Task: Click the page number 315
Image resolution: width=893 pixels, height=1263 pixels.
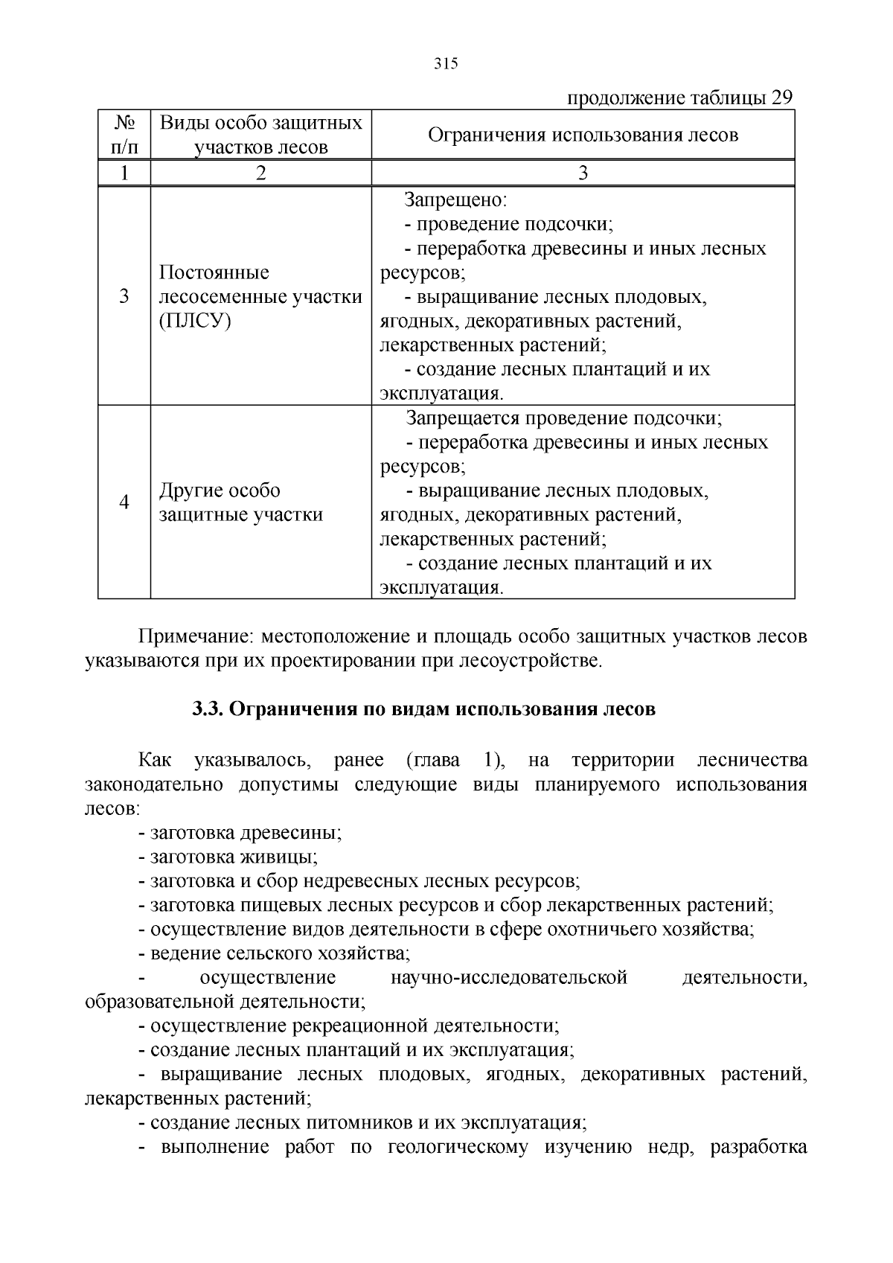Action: point(446,64)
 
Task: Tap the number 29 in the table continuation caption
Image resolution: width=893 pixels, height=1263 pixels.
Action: point(781,98)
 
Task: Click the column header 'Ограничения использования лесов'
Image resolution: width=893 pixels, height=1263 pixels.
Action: point(583,135)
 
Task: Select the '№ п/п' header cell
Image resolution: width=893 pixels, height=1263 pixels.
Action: point(124,135)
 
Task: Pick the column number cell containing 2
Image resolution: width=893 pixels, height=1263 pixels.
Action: point(260,173)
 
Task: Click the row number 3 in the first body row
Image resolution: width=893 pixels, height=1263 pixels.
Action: point(124,296)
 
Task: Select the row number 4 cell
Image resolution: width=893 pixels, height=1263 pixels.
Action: point(124,502)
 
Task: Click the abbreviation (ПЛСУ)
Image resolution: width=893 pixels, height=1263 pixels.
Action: point(195,321)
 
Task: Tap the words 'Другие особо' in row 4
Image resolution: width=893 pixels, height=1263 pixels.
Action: point(220,490)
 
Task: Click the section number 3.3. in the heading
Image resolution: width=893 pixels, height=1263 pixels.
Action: point(208,709)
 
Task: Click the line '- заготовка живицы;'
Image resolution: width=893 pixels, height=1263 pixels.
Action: point(228,857)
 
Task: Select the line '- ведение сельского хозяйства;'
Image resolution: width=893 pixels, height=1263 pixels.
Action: point(274,953)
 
